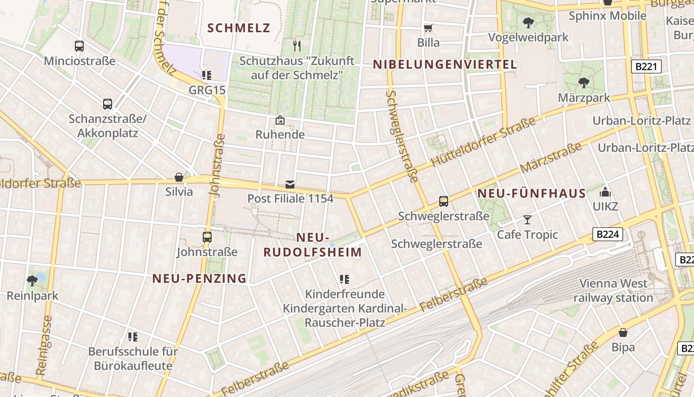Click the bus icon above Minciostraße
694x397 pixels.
coord(79,46)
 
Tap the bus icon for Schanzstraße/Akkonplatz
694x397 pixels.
coord(108,104)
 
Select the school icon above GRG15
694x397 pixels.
coord(206,75)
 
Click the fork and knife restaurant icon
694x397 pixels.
coord(297,46)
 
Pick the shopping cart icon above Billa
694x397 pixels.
coord(428,28)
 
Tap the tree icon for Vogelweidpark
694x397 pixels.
coord(528,22)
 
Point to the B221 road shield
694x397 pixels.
coord(647,66)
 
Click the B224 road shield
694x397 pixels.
coord(608,234)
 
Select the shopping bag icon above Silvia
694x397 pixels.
coord(179,177)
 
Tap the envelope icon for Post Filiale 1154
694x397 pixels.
coord(290,185)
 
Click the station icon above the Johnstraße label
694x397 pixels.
coord(207,237)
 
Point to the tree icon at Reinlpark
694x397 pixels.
coord(32,281)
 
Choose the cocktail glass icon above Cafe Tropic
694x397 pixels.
coord(527,219)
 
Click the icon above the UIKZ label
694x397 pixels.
coord(605,192)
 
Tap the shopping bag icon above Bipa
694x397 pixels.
coord(623,332)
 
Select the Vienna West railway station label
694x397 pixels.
coord(613,291)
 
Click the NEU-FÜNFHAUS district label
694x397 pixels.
coord(531,194)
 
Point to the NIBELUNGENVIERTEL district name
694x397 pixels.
coord(445,65)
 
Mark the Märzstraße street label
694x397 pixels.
coord(551,158)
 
